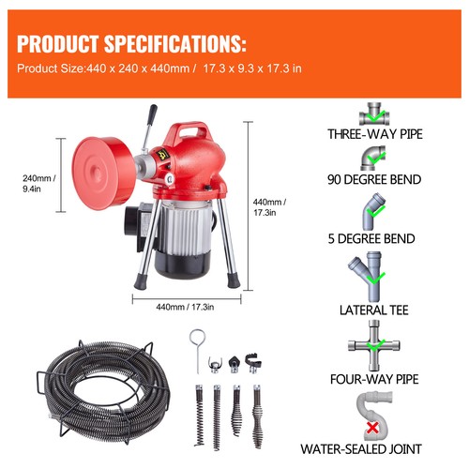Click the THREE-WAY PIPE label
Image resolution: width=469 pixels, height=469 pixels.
click(375, 135)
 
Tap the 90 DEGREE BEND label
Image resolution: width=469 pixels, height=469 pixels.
click(375, 179)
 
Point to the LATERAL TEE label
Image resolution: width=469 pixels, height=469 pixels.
click(375, 307)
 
